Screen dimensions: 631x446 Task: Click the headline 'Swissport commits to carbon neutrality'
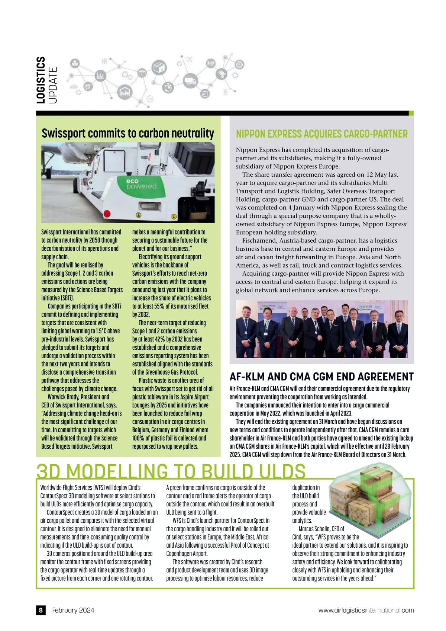pos(128,133)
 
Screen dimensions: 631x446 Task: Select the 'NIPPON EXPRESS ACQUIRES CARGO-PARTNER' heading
pos(322,134)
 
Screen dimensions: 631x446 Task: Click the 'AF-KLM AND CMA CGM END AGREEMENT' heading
pos(321,377)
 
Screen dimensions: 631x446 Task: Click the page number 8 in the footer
pos(41,610)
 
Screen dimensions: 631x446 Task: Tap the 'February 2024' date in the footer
pos(73,610)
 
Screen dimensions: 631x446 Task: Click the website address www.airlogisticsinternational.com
pos(366,610)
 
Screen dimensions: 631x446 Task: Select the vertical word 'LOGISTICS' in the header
pos(41,80)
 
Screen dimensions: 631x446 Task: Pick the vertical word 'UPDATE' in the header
pos(53,85)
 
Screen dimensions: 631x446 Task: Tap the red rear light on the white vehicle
pos(106,214)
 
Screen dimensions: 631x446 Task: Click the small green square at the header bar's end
pos(411,113)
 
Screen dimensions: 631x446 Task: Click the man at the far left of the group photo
pos(246,331)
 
